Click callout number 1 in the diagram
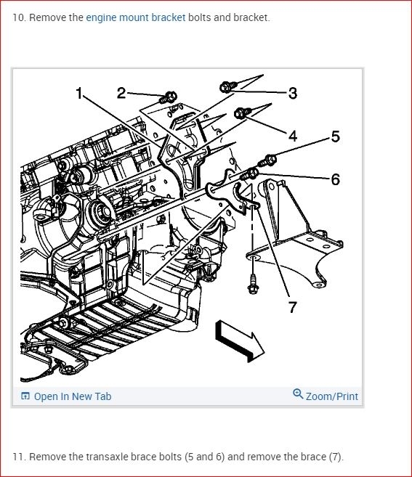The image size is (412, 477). [x=79, y=93]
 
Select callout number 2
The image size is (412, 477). [x=121, y=93]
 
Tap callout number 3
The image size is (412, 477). [x=293, y=93]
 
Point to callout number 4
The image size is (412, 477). [x=293, y=136]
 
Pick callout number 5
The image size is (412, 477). [x=335, y=136]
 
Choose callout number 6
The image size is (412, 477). [x=335, y=179]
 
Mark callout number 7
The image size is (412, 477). [x=293, y=307]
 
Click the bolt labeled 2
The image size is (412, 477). [x=168, y=97]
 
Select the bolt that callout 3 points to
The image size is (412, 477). [x=228, y=86]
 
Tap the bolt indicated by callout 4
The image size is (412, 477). [x=243, y=113]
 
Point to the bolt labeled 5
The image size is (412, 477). [x=267, y=160]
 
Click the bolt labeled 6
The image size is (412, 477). [x=250, y=175]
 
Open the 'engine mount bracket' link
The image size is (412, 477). [x=136, y=17]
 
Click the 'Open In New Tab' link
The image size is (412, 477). [x=66, y=396]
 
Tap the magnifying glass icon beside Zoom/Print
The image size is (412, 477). [x=298, y=394]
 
